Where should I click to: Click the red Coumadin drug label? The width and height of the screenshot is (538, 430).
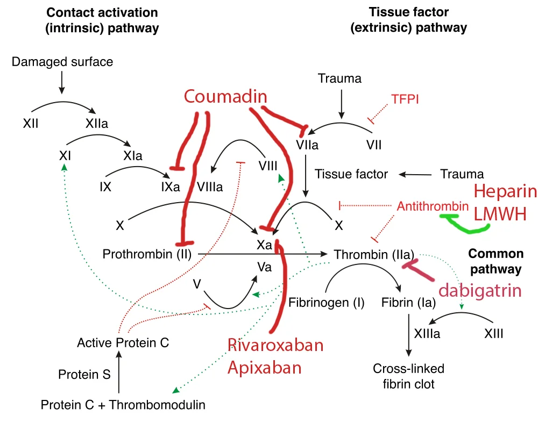tap(225, 96)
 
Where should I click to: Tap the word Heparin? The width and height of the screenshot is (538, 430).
tap(505, 192)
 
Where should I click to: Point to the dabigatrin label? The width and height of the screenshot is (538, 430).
tap(480, 291)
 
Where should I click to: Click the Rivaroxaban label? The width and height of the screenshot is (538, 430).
tap(275, 345)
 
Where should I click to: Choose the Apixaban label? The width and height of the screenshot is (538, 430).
tap(264, 368)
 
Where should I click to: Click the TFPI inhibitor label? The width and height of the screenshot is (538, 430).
tap(405, 99)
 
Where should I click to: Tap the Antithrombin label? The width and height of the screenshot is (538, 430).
tap(433, 206)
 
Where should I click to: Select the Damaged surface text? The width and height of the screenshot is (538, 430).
tap(62, 62)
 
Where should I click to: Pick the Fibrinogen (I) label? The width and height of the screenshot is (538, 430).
tap(327, 302)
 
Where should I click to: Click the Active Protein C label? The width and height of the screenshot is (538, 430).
tap(123, 342)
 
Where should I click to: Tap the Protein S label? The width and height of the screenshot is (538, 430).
tap(84, 374)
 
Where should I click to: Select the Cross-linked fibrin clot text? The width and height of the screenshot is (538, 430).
tap(409, 376)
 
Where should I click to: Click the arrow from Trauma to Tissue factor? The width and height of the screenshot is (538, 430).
tap(415, 174)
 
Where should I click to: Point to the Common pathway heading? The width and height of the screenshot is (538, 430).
tap(495, 261)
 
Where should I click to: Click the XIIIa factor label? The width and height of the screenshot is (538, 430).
tap(427, 334)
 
